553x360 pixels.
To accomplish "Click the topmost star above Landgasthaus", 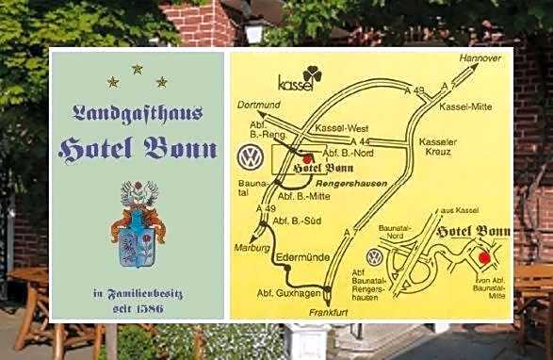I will [x=137, y=69].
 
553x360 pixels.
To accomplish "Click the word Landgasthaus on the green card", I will [x=137, y=113].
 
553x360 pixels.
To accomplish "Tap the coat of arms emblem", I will [x=138, y=224].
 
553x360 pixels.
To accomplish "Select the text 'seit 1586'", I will [x=138, y=309].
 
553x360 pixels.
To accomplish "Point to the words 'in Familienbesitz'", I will [x=138, y=295].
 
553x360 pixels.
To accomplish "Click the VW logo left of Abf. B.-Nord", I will [x=250, y=155].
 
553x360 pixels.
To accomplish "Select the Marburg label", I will [x=252, y=248].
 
